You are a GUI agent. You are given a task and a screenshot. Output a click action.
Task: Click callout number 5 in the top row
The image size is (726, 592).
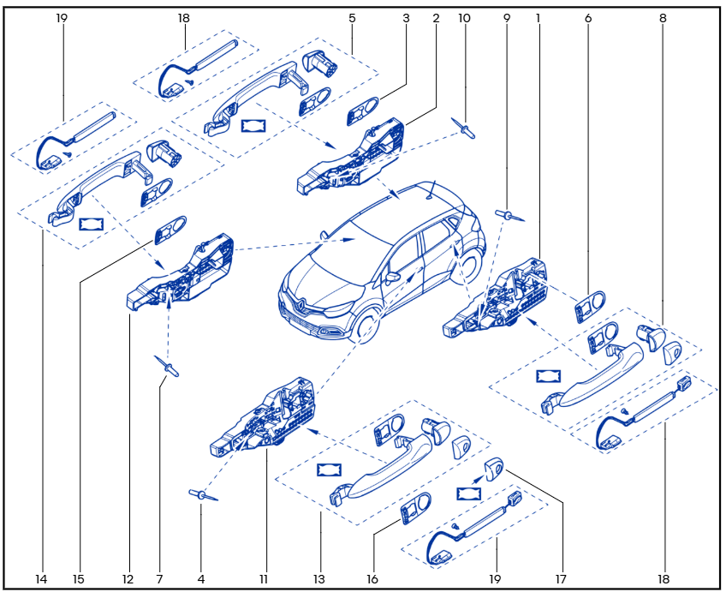(352, 18)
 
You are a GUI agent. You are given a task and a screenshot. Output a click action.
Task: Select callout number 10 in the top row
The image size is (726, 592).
(464, 18)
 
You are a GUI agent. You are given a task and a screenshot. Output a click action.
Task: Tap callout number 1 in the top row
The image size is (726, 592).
(538, 18)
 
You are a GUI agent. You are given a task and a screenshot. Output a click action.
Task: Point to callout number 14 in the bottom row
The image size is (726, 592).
(41, 579)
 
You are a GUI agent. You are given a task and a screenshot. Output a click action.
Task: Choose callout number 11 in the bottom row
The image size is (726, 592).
(264, 579)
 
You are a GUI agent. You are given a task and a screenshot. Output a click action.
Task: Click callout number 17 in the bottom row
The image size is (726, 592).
(561, 579)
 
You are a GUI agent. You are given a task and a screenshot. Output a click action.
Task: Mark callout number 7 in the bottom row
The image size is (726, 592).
(160, 579)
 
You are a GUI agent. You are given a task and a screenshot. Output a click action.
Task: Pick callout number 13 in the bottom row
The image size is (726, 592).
(319, 579)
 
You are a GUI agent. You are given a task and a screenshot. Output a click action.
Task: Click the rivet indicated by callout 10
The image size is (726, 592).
(463, 129)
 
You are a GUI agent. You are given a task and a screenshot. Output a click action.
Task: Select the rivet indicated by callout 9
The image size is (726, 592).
(509, 215)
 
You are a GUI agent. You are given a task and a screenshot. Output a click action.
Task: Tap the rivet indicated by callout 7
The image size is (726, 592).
(167, 366)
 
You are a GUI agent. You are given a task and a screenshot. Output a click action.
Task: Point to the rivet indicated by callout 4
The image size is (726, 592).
(202, 494)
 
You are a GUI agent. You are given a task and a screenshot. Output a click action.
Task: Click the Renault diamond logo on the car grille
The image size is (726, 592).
(300, 303)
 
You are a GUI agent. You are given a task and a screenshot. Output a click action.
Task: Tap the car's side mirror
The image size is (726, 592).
(392, 278)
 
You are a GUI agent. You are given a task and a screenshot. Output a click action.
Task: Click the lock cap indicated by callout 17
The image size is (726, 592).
(494, 469)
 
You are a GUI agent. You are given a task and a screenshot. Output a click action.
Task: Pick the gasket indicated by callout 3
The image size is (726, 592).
(363, 111)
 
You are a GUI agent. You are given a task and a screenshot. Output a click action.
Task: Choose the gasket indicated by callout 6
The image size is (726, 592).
(590, 306)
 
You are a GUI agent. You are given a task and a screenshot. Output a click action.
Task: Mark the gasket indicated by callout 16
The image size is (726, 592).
(416, 508)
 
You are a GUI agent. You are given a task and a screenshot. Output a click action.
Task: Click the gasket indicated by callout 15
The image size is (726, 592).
(170, 230)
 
